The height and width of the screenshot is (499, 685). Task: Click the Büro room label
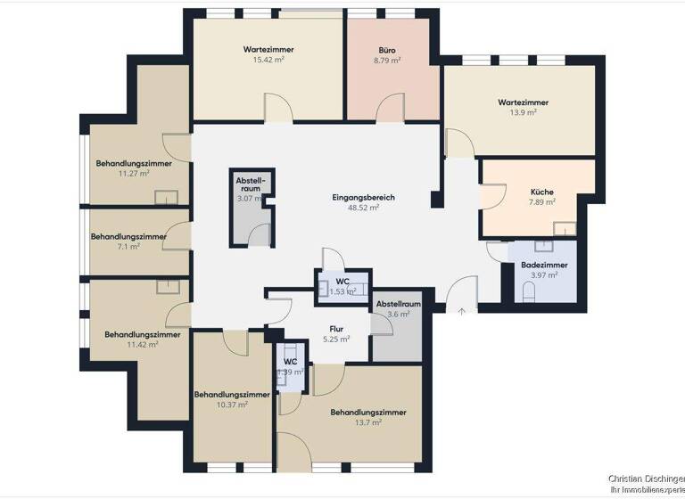tap(387, 51)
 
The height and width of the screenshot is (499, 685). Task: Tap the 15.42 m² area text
tap(268, 60)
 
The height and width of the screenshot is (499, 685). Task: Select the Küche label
tap(542, 192)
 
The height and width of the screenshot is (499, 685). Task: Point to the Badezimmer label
tap(544, 265)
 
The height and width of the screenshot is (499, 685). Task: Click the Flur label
tap(336, 329)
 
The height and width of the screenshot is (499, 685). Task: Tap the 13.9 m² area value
tap(523, 113)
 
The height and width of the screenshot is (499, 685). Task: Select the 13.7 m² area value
tap(367, 423)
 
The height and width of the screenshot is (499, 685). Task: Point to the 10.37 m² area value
tap(231, 405)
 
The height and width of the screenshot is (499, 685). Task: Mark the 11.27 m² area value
tap(134, 174)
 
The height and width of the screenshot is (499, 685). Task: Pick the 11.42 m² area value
tap(142, 345)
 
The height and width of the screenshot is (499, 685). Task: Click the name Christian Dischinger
tap(647, 479)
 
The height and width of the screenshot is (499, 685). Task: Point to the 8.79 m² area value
tap(387, 61)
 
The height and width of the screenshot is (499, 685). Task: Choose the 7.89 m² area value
tap(542, 202)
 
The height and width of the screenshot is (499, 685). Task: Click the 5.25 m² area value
tap(336, 339)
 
